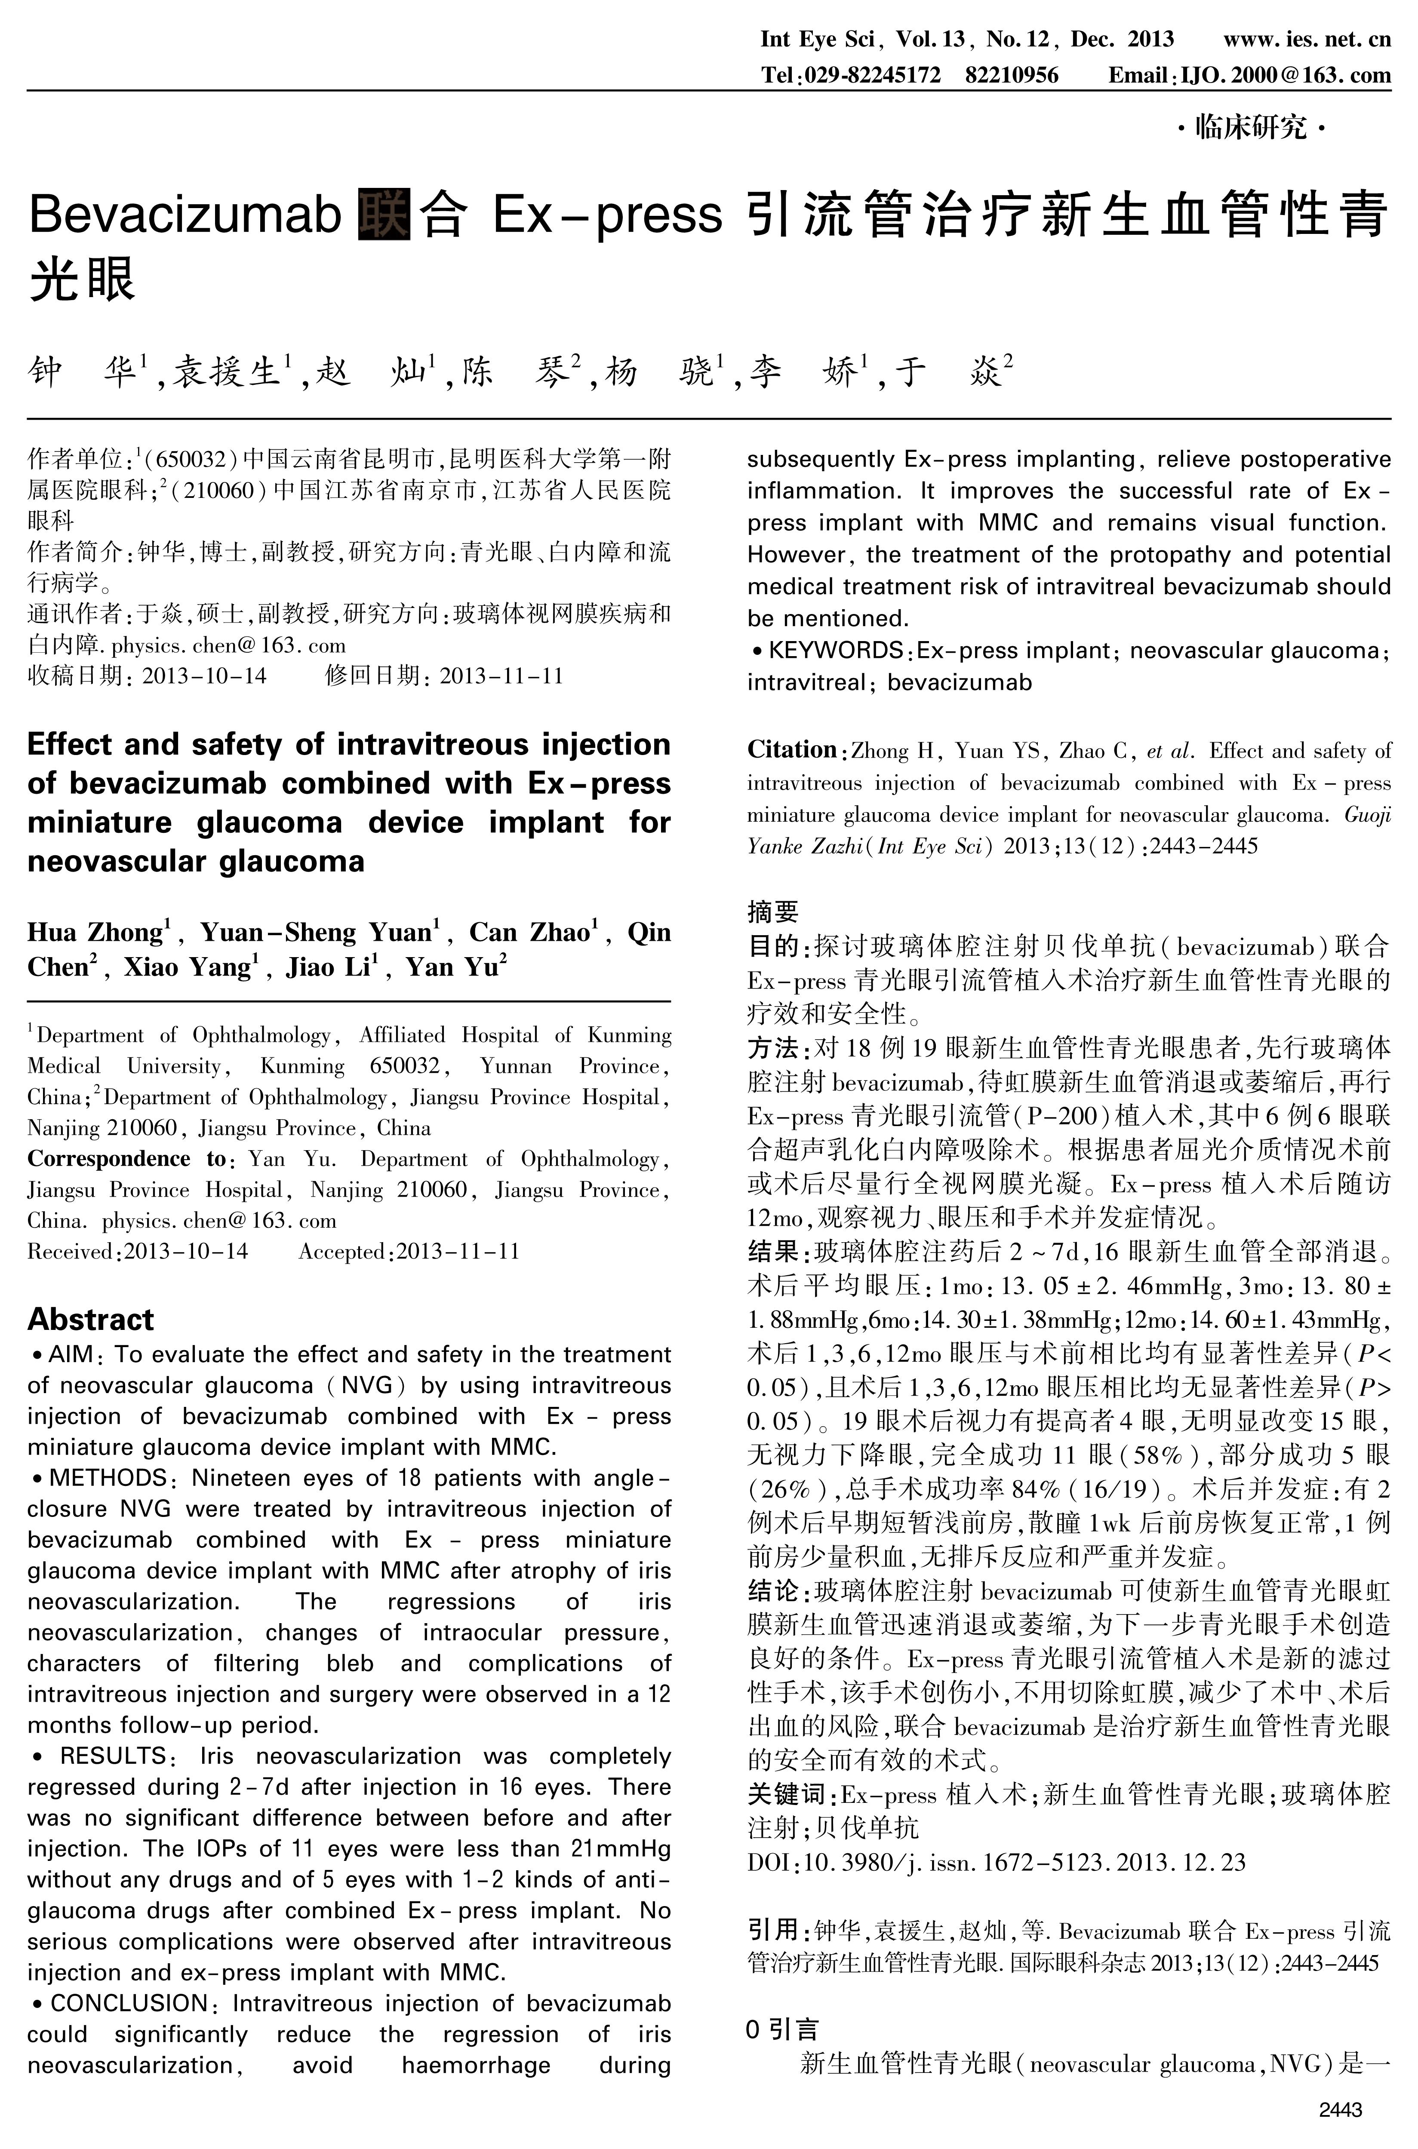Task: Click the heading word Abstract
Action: pos(90,1319)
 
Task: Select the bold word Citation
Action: pos(791,749)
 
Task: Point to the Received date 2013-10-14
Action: pos(185,1251)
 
